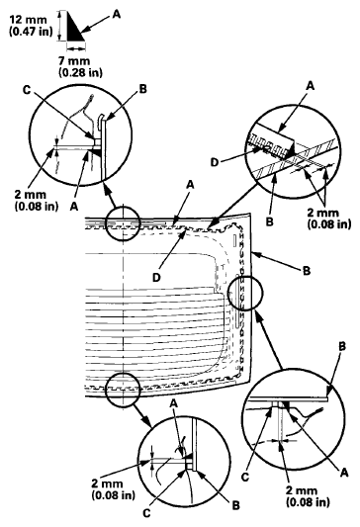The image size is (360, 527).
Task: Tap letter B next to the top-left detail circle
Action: (142, 88)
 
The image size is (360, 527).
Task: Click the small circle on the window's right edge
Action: (245, 295)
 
